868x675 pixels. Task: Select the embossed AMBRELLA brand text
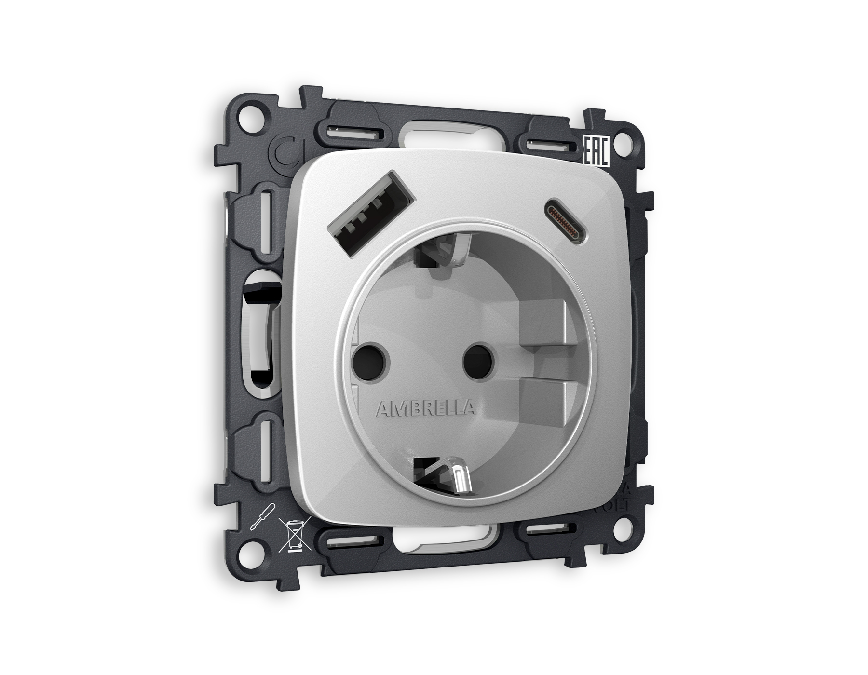point(425,409)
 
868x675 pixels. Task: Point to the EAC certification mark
point(596,151)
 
